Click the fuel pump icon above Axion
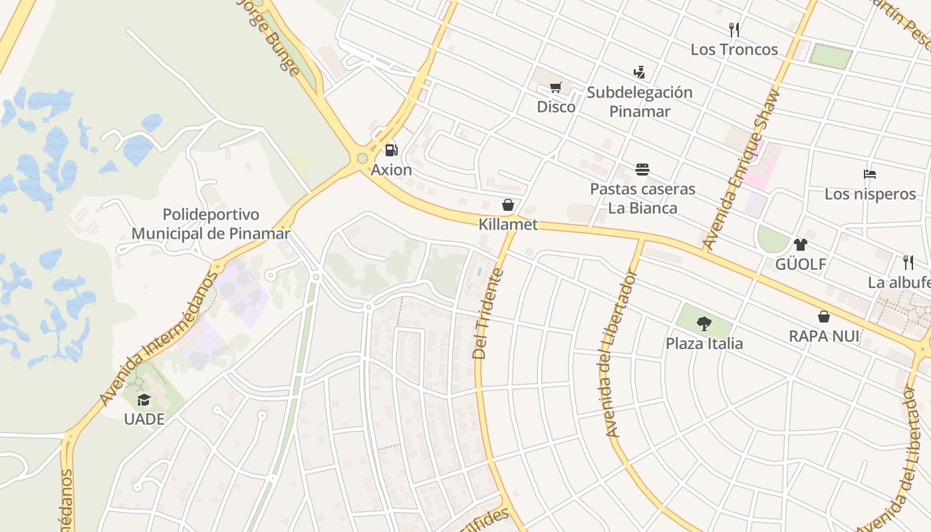point(392,150)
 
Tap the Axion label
point(392,170)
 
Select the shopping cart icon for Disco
point(556,87)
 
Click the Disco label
point(556,106)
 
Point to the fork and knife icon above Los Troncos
point(734,29)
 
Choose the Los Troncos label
point(734,49)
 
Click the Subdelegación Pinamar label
point(640,102)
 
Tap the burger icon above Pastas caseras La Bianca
point(642,170)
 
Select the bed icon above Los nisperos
point(870,174)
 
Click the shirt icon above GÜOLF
point(801,245)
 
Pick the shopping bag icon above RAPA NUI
point(824,317)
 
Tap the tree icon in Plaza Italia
point(704,324)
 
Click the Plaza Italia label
point(704,344)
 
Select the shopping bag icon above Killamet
point(508,205)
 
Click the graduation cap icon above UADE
point(144,400)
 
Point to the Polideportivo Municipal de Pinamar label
point(211,224)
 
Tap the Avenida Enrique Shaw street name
point(740,170)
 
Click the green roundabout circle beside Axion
point(362,158)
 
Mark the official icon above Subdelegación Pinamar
point(640,72)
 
